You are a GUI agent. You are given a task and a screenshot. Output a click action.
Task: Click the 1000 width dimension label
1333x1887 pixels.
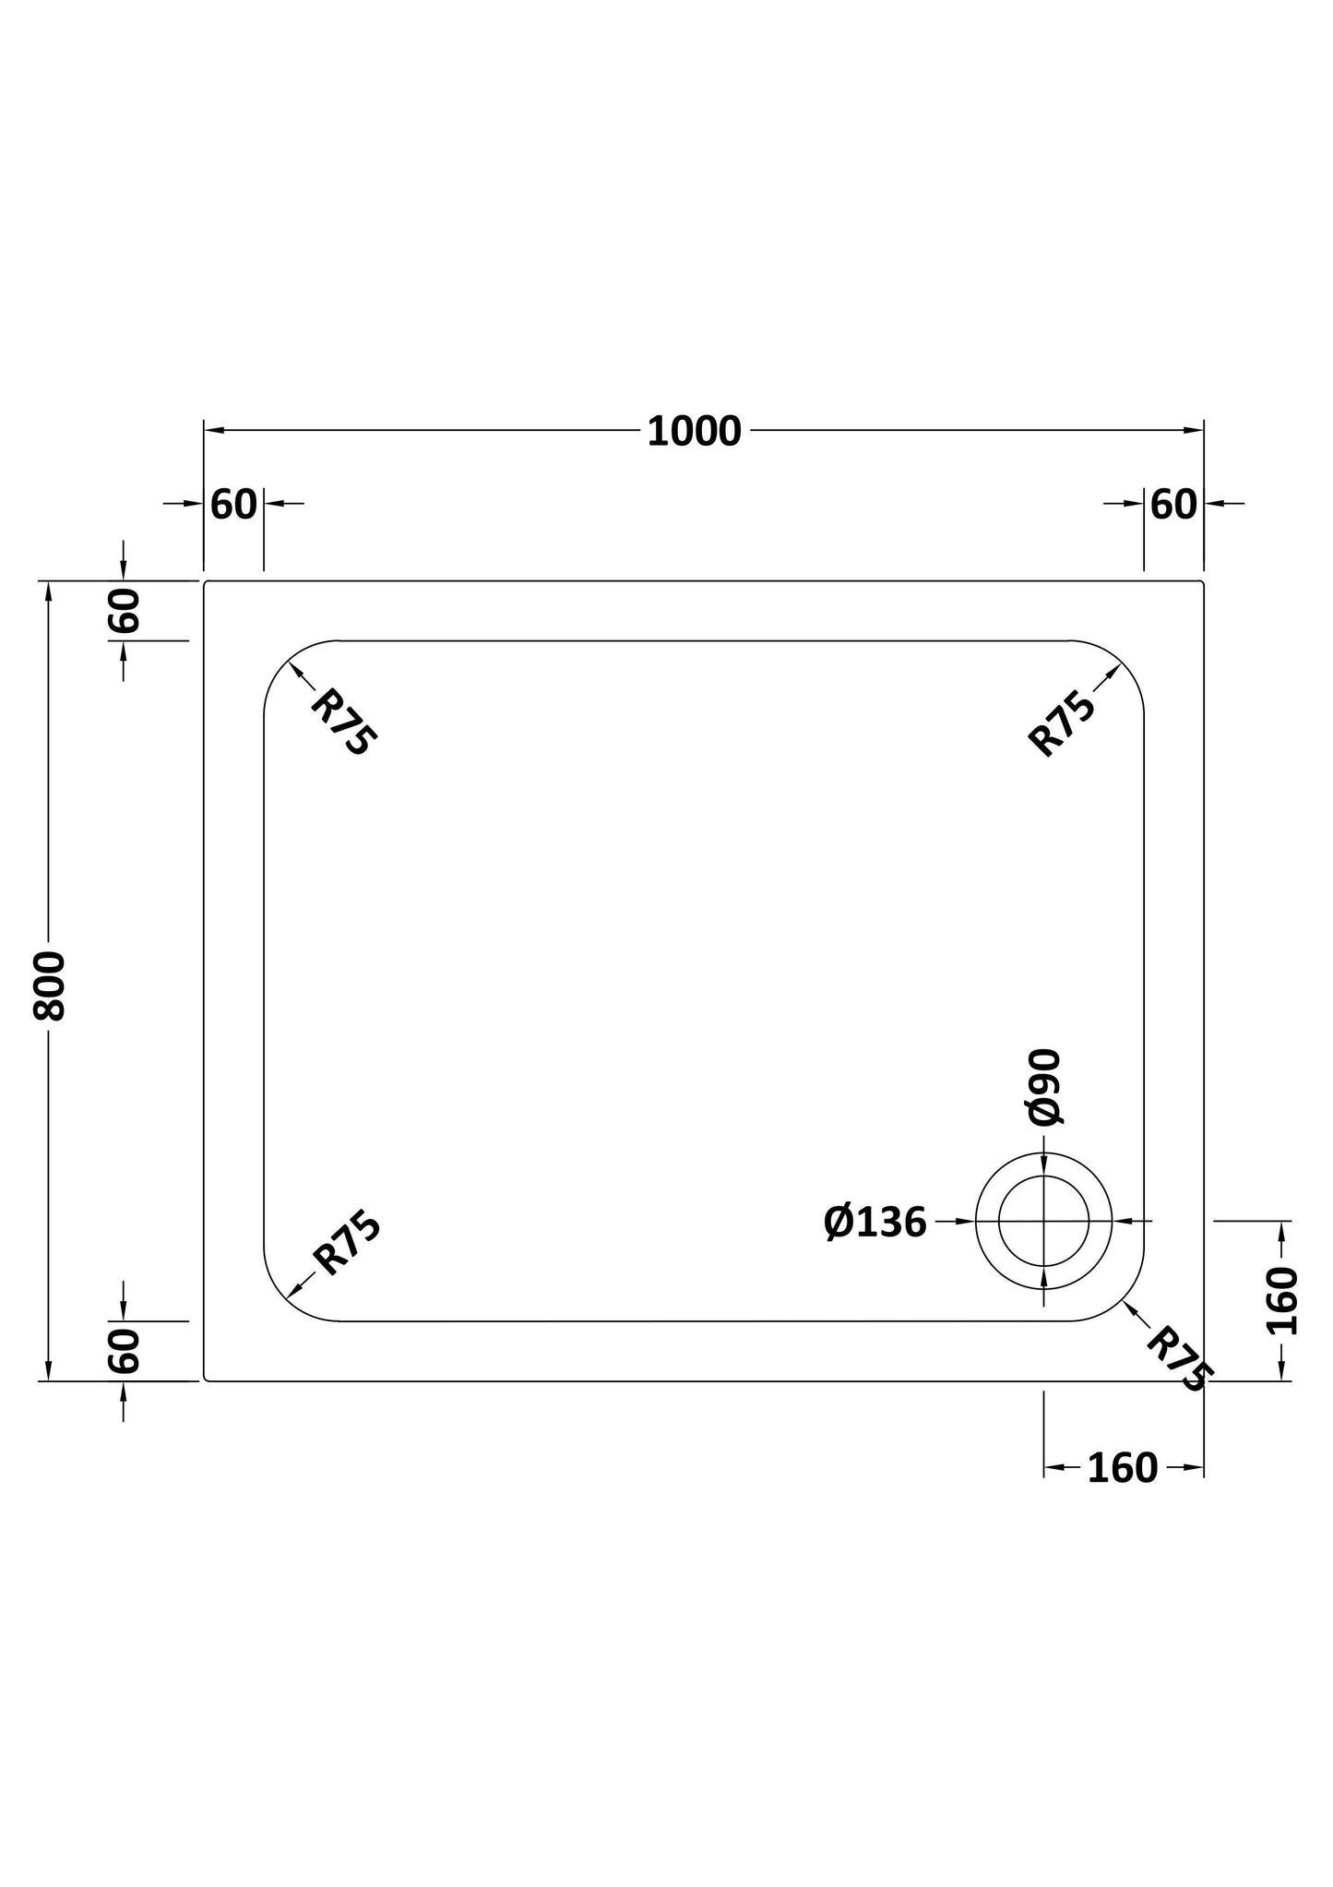coord(694,432)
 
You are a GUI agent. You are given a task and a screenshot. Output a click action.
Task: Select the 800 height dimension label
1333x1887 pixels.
coord(50,986)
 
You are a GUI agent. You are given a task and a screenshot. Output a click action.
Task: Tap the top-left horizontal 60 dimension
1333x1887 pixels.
coord(233,505)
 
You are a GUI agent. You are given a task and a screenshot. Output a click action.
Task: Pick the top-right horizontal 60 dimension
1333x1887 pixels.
coord(1173,505)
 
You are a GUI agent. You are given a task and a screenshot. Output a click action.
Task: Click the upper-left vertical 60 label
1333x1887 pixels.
coord(124,610)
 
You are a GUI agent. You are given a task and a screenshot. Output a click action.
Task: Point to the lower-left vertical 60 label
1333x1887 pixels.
coord(124,1351)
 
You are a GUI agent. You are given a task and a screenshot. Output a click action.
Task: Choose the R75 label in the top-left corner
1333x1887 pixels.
coord(343,724)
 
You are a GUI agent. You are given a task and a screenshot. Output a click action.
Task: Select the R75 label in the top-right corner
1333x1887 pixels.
coord(1062,724)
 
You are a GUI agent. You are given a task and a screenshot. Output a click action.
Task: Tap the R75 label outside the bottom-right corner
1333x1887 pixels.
coord(1179,1359)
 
